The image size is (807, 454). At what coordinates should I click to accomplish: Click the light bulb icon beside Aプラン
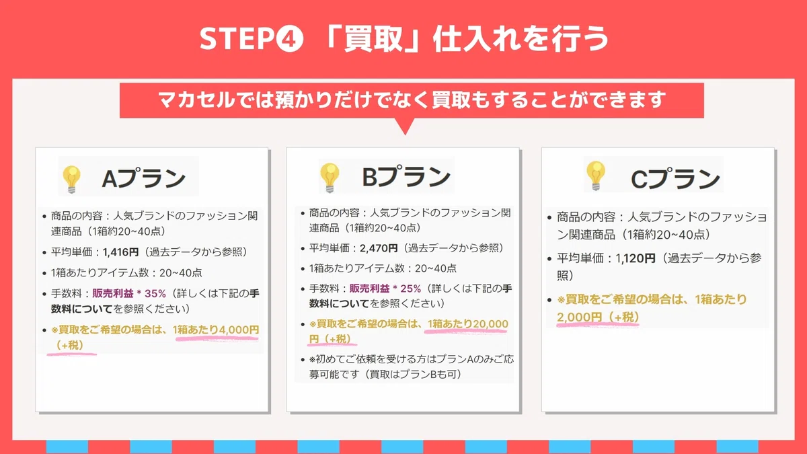pos(71,179)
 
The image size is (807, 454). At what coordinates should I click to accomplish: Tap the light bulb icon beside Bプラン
pos(330,178)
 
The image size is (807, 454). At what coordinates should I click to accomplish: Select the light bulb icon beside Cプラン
pos(596,176)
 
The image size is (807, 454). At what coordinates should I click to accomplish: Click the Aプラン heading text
pos(144,178)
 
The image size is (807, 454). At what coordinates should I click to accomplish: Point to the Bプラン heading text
pos(406,176)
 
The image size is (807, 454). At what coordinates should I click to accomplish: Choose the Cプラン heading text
pos(675,178)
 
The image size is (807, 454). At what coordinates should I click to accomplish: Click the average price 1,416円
pos(120,252)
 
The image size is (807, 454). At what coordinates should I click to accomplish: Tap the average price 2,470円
pos(379,248)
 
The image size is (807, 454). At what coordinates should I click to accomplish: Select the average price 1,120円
pos(635,258)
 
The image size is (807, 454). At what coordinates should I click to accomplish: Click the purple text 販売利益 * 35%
pos(129,293)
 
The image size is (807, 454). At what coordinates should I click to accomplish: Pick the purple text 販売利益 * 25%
pos(385,289)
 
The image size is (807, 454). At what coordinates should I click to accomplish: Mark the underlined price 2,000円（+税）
pos(598,317)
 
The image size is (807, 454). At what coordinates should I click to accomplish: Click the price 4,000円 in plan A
pos(239,330)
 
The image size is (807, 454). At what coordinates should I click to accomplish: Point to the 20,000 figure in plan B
pos(490,324)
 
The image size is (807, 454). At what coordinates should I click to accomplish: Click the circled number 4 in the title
pos(289,39)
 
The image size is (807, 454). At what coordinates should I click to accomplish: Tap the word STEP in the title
pos(237,39)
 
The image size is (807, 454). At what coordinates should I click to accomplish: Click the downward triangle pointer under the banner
pos(405,126)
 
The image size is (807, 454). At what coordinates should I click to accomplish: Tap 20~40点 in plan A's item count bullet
pos(180,273)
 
